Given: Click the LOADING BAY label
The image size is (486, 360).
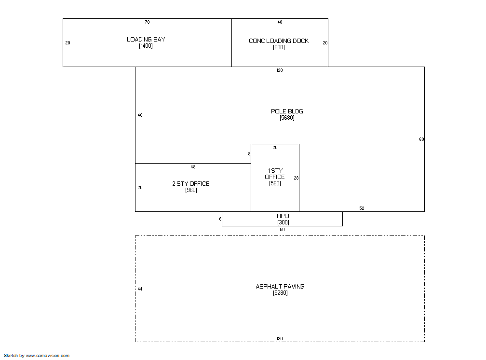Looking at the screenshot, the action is (x=146, y=40).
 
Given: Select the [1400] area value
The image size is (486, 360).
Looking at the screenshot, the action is (x=146, y=46).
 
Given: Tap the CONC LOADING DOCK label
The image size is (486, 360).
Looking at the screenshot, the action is (x=279, y=41).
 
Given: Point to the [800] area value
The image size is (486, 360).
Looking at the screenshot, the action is (x=279, y=47).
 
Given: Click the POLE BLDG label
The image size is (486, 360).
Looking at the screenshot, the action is (x=287, y=111).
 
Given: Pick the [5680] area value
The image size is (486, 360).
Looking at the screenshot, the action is (x=287, y=118).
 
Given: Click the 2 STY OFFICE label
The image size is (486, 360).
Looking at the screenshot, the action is (x=191, y=184).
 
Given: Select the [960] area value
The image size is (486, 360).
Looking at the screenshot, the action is (x=191, y=190).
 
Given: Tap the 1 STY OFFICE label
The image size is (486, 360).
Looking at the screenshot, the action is (x=275, y=174).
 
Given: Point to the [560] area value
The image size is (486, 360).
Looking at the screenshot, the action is (x=275, y=183).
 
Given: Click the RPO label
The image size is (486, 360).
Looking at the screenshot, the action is (x=283, y=216).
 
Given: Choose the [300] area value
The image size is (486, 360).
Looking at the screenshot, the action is (x=283, y=222).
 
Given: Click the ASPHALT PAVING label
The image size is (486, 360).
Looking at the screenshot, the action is (x=280, y=287).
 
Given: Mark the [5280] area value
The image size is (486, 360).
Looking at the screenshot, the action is (x=280, y=293).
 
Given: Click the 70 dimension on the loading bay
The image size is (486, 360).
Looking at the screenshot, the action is (x=147, y=22).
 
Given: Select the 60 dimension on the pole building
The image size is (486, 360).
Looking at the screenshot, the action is (x=421, y=139).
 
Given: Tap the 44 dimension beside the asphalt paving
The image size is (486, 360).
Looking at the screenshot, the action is (x=140, y=289).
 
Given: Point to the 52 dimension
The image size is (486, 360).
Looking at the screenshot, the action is (x=362, y=208).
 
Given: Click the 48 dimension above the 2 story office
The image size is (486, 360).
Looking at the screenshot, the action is (x=193, y=167).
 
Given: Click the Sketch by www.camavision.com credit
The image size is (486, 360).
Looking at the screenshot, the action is (x=37, y=356).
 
